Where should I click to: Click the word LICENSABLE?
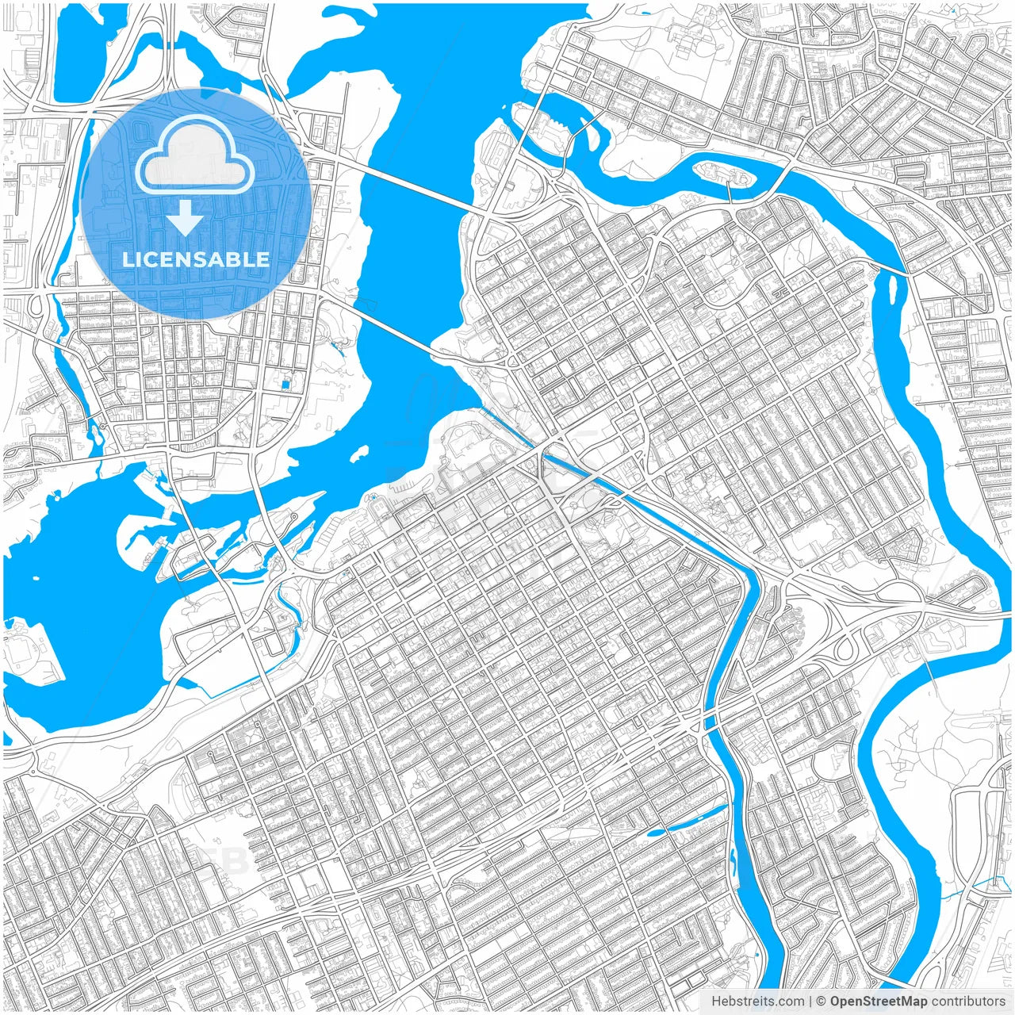[195, 259]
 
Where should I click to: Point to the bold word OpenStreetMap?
[879, 1002]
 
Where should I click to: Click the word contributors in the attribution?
[967, 1002]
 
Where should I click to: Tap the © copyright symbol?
[822, 1002]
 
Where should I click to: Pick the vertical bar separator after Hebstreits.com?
[810, 1002]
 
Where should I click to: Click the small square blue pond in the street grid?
[285, 385]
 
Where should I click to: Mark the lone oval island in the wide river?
[359, 454]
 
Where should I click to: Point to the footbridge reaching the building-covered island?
[730, 193]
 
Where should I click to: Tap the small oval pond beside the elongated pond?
[656, 833]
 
